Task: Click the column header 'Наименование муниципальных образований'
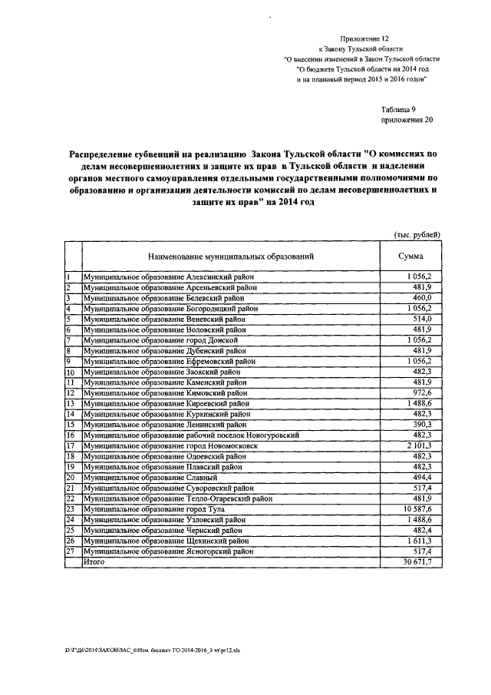(226, 256)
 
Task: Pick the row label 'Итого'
(94, 562)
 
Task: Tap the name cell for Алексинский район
(169, 276)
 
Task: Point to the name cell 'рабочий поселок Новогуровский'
(191, 435)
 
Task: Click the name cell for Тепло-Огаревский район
(179, 498)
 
